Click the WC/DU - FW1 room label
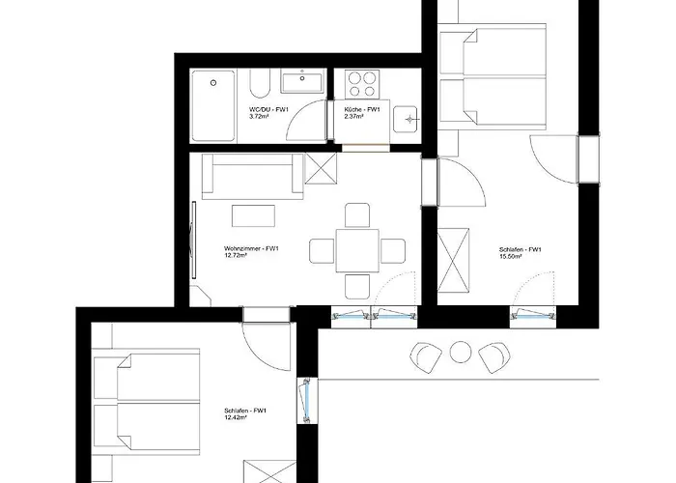269,109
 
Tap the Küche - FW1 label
362,109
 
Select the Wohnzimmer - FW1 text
251,249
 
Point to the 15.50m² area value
511,256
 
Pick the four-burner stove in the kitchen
362,84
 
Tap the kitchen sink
406,119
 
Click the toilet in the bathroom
260,84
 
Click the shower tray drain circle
213,83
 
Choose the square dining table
357,250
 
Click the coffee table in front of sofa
253,215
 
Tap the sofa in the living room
253,176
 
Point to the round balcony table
461,352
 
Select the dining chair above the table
357,215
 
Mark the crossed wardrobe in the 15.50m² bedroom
453,262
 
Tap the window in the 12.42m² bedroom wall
306,400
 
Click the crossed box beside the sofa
321,168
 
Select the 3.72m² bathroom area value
259,117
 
